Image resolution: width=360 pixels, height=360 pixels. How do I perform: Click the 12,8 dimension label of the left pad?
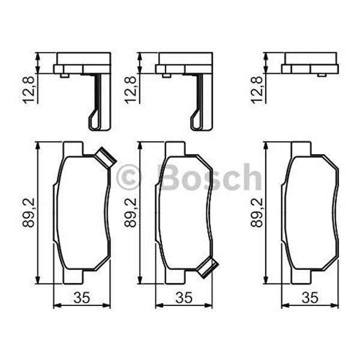point(28,90)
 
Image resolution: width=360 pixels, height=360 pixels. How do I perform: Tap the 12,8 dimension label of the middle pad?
point(130,90)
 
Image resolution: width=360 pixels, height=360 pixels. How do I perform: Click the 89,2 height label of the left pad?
point(28,212)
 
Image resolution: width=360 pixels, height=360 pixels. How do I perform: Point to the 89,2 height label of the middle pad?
point(130,212)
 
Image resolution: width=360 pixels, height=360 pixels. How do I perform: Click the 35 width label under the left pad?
point(82,298)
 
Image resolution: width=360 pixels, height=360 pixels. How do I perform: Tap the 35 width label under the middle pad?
point(184,298)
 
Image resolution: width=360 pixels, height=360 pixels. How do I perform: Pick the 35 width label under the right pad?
point(310,298)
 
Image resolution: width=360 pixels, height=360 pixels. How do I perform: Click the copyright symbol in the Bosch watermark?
point(129,177)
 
